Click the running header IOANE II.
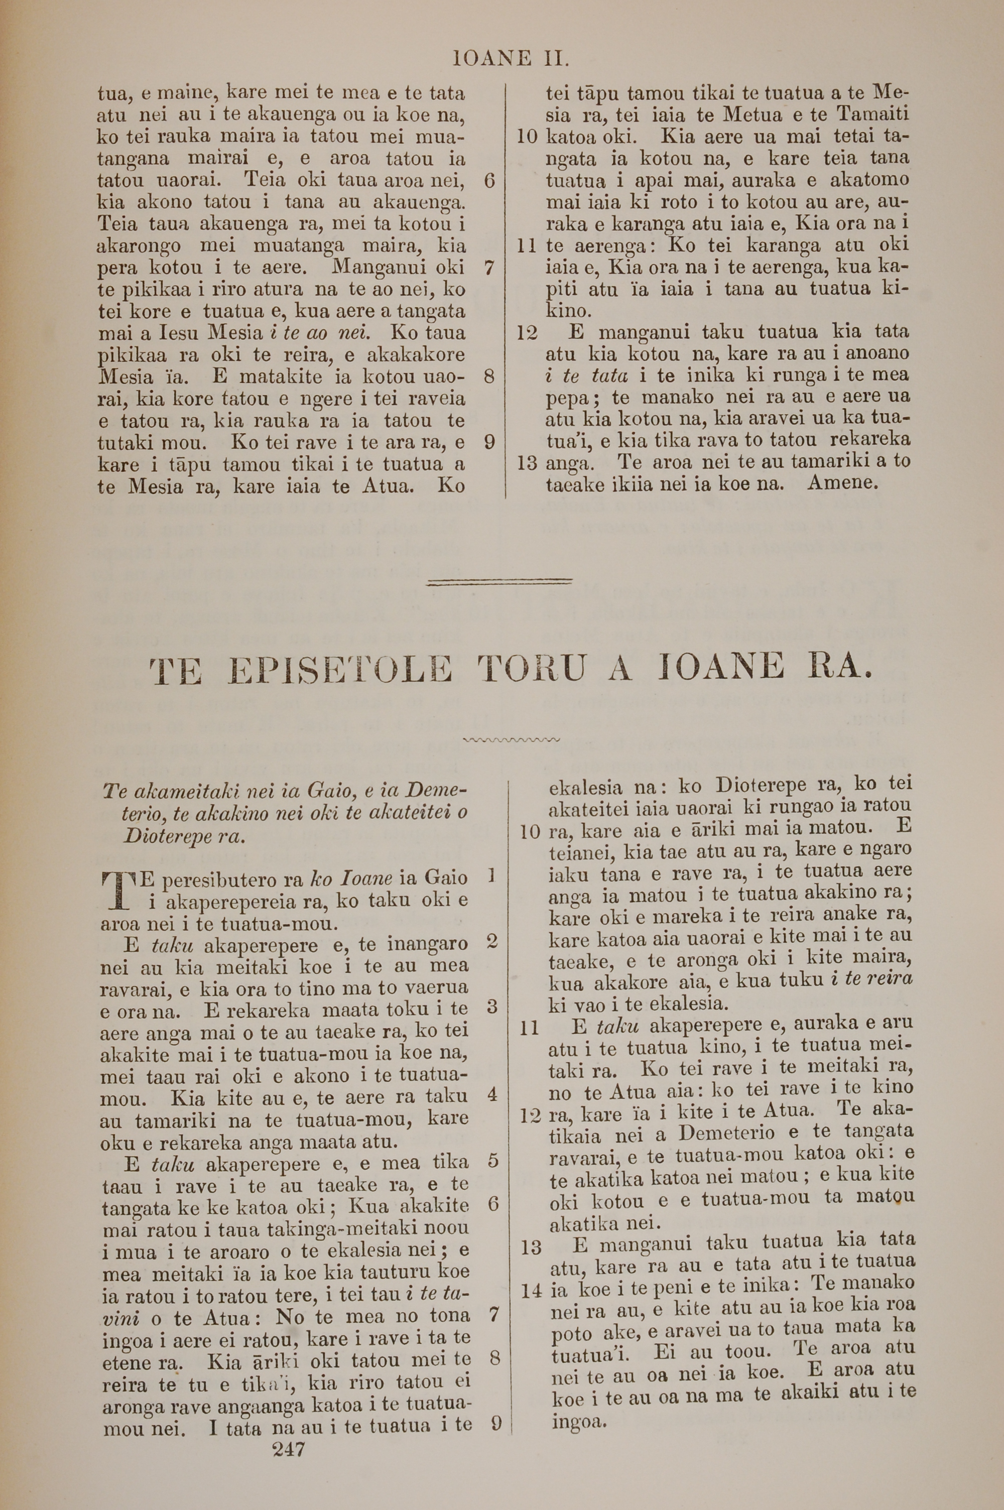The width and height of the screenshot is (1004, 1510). pyautogui.click(x=511, y=60)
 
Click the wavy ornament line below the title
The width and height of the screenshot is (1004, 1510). pyautogui.click(x=511, y=740)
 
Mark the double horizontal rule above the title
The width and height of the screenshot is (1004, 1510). pyautogui.click(x=499, y=581)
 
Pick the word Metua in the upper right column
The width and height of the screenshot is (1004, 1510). pyautogui.click(x=752, y=115)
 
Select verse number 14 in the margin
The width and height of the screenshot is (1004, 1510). pyautogui.click(x=532, y=1291)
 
